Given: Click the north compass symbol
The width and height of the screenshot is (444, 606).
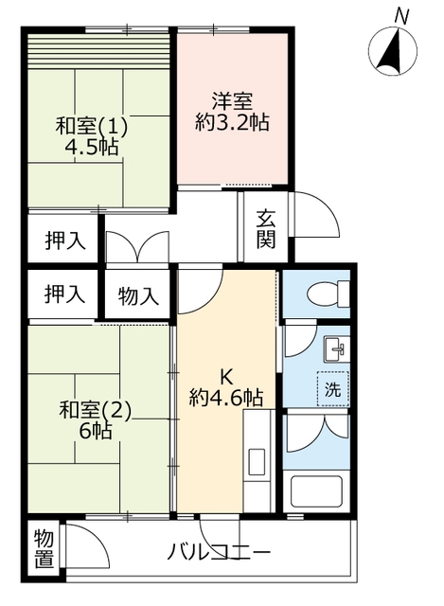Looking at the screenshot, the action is click(x=392, y=51).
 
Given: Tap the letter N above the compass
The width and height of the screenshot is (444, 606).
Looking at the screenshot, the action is click(x=402, y=16).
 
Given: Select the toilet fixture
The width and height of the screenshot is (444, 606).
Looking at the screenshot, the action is click(x=329, y=294).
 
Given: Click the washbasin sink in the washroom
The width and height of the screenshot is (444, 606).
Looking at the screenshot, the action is click(x=337, y=348).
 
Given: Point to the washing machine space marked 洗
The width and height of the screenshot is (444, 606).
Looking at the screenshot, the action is click(x=332, y=388).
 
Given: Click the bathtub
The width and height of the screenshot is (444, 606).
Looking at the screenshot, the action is click(x=316, y=490).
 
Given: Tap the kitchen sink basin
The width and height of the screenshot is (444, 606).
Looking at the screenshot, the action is click(x=257, y=462).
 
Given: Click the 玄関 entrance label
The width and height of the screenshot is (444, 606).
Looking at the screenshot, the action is click(x=266, y=228).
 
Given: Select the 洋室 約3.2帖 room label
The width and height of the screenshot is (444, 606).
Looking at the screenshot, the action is click(x=232, y=112).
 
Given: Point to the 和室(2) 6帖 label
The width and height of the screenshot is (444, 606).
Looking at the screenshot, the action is click(x=95, y=420).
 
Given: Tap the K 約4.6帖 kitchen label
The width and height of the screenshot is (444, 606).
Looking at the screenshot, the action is click(x=226, y=386).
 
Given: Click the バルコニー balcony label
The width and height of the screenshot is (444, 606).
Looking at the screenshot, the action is click(x=219, y=551).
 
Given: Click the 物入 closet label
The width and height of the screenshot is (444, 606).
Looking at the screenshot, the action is click(x=138, y=296).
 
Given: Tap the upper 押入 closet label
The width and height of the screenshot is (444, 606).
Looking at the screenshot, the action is click(x=65, y=241).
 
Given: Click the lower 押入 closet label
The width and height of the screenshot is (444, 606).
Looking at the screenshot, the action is click(x=65, y=294).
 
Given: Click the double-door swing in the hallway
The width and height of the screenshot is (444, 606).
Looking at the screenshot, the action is click(x=137, y=246).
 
